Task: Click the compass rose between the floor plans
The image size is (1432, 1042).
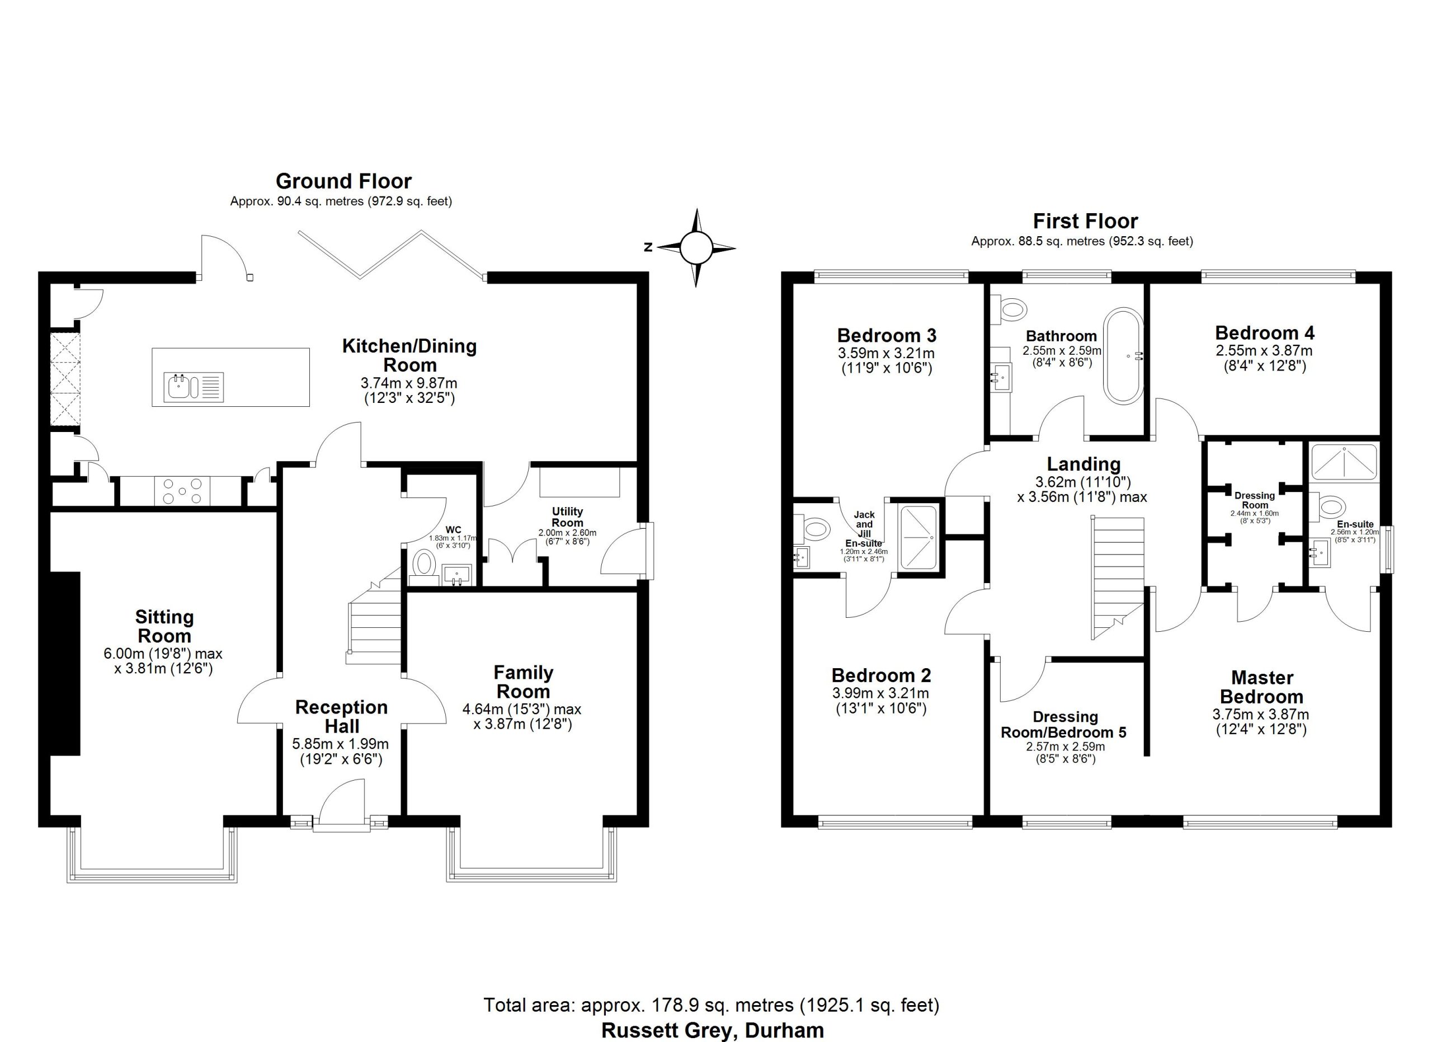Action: click(696, 247)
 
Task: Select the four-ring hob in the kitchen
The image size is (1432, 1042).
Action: click(182, 491)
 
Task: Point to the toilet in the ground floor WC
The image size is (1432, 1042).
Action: click(423, 564)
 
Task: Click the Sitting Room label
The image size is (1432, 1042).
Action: click(164, 626)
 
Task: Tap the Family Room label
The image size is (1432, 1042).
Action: click(524, 682)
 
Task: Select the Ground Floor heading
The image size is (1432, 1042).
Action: click(343, 181)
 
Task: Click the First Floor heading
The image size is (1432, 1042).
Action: click(1085, 221)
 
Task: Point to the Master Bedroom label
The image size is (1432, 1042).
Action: click(1261, 687)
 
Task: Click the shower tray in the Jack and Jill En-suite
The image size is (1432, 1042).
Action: click(918, 537)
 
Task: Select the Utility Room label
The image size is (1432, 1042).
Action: click(567, 517)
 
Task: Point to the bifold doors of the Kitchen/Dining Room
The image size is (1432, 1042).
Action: click(392, 254)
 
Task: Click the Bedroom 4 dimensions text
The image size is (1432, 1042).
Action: click(1264, 358)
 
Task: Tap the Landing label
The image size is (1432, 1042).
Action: click(1084, 464)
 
